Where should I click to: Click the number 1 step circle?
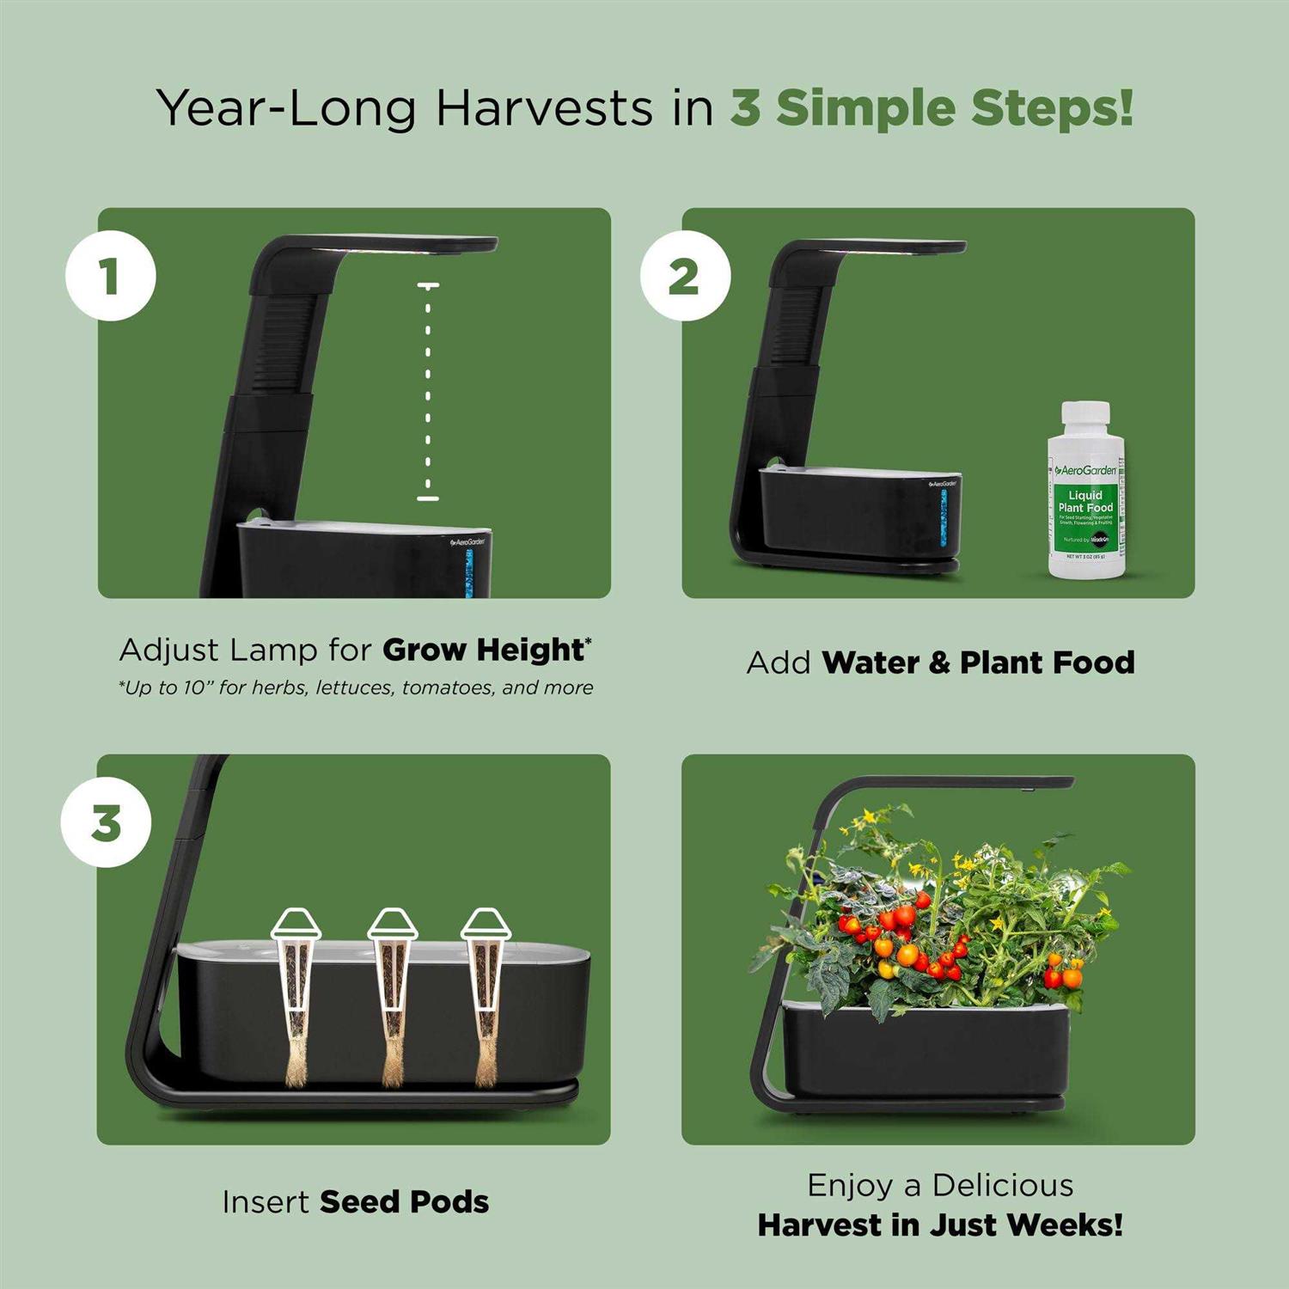point(111,277)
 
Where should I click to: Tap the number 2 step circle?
point(685,277)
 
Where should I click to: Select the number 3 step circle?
point(107,822)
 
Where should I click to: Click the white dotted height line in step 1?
point(428,391)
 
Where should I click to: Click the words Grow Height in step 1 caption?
point(484,650)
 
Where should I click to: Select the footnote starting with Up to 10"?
point(356,688)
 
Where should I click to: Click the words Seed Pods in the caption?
point(404,1201)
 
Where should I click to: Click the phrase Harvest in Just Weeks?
point(940,1225)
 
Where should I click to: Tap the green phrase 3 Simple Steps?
point(932,109)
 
